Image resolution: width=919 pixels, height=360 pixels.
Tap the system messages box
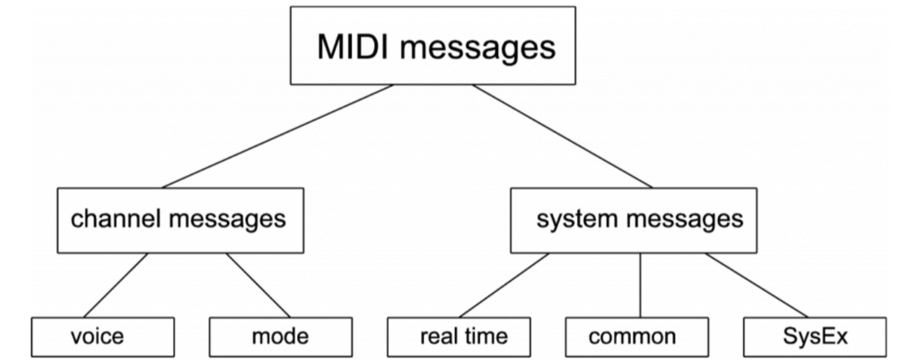point(639,219)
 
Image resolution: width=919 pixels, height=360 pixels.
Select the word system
point(574,219)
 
